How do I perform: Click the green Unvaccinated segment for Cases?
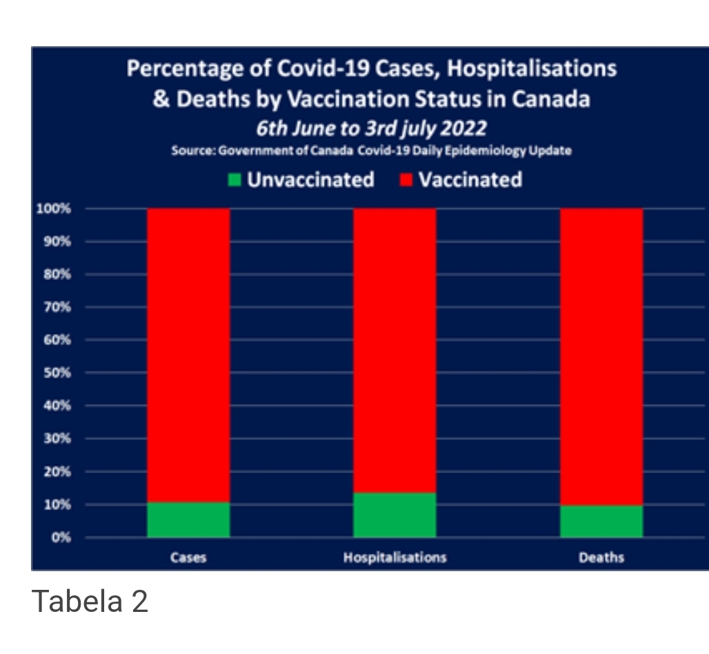(188, 519)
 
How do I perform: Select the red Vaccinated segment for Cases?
(188, 355)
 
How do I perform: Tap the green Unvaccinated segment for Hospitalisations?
(395, 515)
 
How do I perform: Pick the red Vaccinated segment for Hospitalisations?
(395, 350)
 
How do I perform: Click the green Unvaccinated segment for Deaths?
(601, 521)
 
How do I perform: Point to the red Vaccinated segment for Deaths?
(601, 356)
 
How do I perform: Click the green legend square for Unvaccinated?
(235, 181)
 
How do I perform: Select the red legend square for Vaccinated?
(406, 181)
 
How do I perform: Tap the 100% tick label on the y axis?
(59, 209)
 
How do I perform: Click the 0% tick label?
(63, 537)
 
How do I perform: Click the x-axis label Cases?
(188, 557)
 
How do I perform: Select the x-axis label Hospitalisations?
(395, 557)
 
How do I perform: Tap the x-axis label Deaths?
(601, 557)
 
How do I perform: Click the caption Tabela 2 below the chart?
(90, 602)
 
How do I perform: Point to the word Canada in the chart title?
(550, 99)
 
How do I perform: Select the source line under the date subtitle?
(371, 151)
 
